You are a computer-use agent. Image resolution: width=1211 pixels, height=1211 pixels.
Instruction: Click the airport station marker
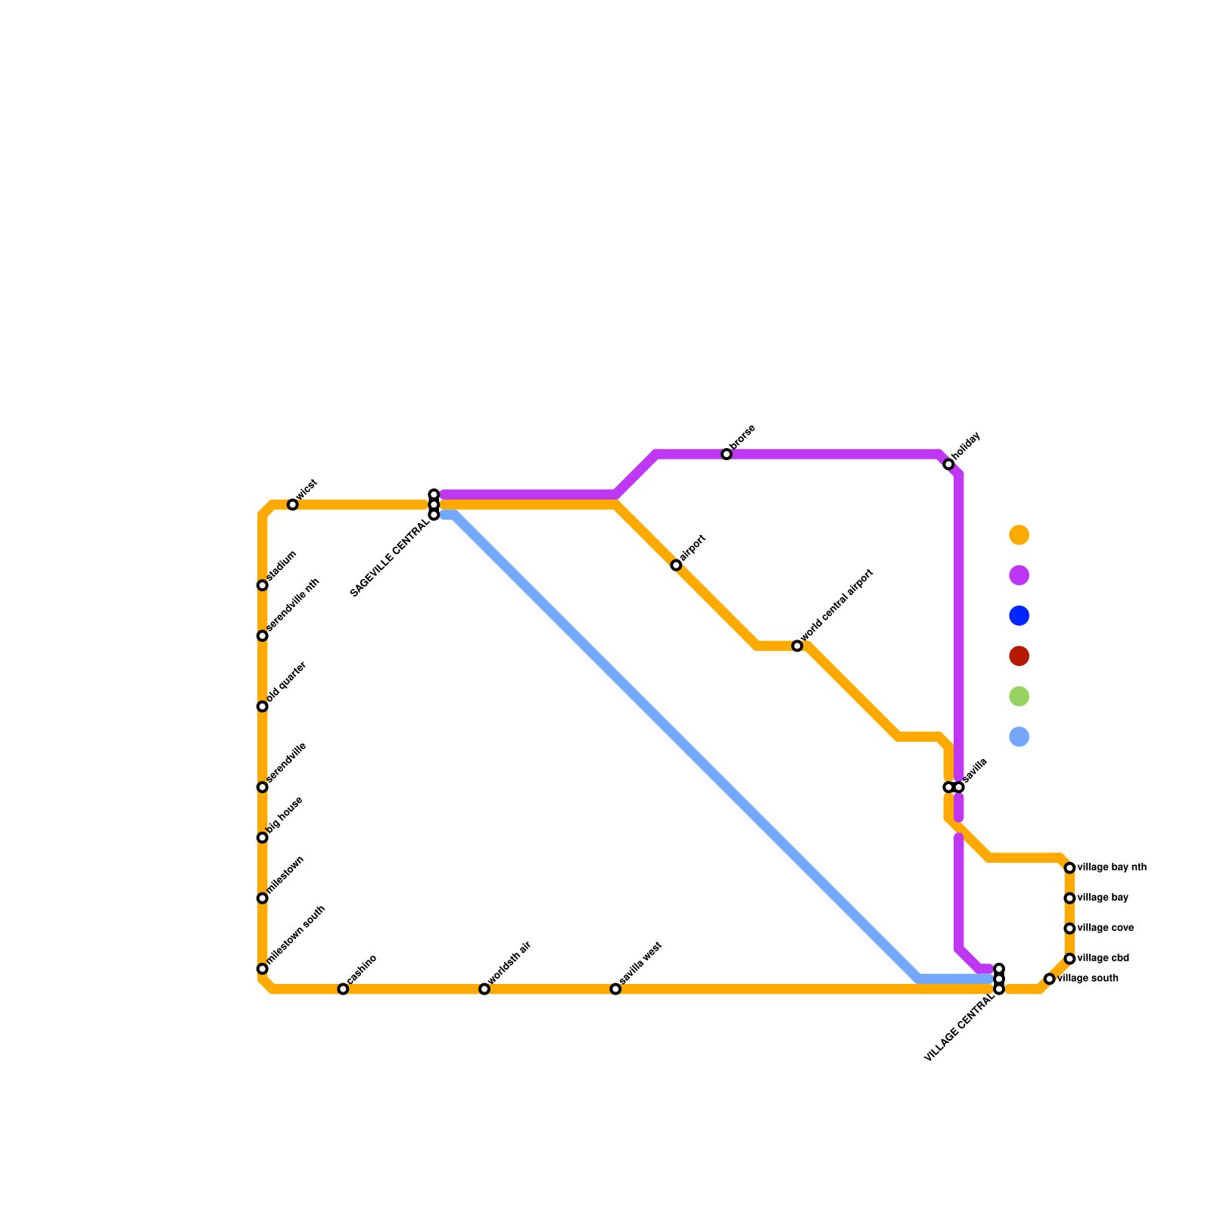[676, 565]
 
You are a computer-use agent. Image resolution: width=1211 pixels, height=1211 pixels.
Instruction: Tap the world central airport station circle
[797, 646]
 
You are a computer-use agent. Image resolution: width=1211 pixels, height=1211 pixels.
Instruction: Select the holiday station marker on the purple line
[948, 464]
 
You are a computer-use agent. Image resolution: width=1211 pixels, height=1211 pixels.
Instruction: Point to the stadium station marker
[263, 585]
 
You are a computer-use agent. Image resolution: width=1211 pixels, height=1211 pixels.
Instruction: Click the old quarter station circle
[263, 706]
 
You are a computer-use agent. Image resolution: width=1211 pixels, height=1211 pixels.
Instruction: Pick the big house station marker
[263, 837]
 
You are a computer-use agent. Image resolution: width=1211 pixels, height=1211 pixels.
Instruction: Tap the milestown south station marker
[263, 969]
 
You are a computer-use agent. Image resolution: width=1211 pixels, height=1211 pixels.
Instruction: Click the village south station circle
[1049, 979]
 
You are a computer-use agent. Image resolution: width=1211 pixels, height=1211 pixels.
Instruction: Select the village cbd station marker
[1069, 959]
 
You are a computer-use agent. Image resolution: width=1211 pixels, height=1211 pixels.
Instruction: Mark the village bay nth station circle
[1069, 867]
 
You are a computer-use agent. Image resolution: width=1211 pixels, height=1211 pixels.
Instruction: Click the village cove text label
[1105, 928]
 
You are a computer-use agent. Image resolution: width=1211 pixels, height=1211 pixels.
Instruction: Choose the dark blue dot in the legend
[1020, 616]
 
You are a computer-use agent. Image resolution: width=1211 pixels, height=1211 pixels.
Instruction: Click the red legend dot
[1020, 656]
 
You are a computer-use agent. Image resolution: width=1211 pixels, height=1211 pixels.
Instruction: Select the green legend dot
[1020, 696]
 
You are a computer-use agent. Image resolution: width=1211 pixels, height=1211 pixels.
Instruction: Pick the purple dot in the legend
[1020, 575]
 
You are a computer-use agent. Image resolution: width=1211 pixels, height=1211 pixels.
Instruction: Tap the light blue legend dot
[1020, 736]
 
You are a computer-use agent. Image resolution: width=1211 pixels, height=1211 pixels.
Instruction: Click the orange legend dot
[1020, 535]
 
